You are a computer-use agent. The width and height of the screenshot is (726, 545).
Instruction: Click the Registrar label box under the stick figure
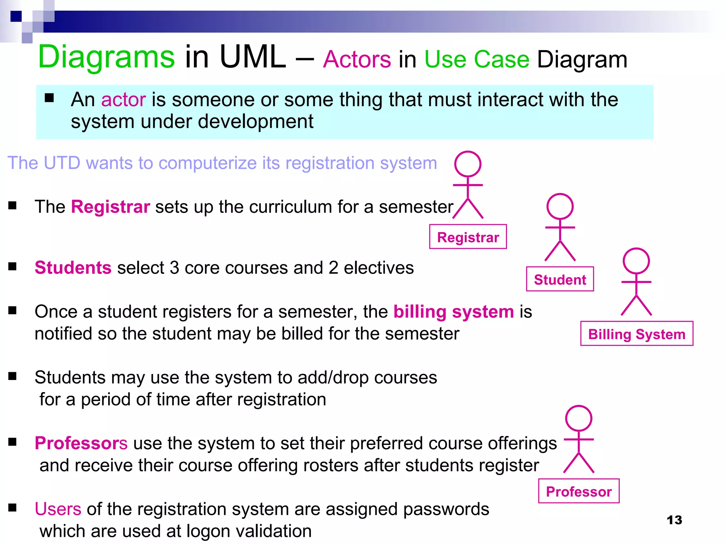(x=468, y=237)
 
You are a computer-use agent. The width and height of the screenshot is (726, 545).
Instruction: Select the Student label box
(x=560, y=279)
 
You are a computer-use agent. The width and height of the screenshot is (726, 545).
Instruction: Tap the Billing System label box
(x=637, y=334)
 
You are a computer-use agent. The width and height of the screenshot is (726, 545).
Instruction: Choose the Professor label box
(x=579, y=491)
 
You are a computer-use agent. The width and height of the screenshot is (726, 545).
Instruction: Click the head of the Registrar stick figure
(x=468, y=164)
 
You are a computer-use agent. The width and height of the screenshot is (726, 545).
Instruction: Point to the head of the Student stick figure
(x=560, y=206)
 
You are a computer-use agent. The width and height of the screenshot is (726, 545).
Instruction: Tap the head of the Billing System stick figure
(x=636, y=261)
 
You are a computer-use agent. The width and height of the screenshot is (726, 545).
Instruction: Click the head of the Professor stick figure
(x=579, y=418)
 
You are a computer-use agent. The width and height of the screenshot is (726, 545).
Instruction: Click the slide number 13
(x=674, y=520)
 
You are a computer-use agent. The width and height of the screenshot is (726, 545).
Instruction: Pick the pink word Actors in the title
(x=357, y=59)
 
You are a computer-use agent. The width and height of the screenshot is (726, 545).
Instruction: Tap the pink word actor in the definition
(x=123, y=100)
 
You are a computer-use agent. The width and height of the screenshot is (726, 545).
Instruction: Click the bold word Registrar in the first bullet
(x=111, y=207)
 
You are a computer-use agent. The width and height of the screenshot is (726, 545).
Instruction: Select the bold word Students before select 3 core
(x=73, y=268)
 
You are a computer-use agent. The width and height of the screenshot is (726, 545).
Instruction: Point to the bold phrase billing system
(x=454, y=312)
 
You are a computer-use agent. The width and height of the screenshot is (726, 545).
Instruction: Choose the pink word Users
(x=58, y=509)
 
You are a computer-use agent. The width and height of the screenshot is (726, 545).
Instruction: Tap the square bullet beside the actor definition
(x=49, y=98)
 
